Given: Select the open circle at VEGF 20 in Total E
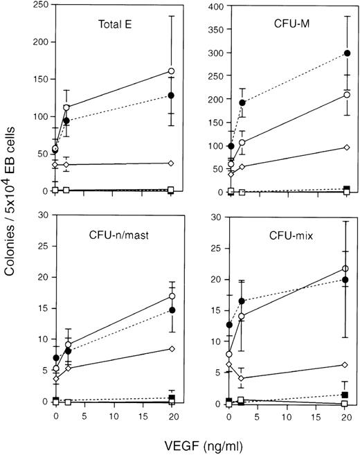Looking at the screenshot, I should (x=171, y=71).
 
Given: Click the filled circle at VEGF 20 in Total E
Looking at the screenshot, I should (x=171, y=96).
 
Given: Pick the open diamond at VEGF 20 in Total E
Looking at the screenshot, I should (x=171, y=163).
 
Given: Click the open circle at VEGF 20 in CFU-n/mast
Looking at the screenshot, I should (x=171, y=296).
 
